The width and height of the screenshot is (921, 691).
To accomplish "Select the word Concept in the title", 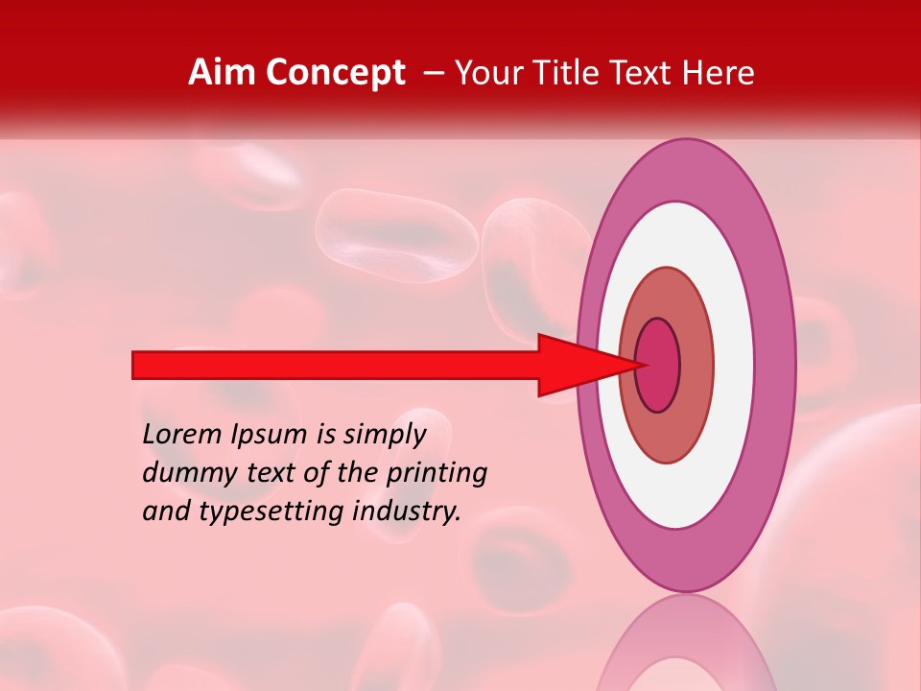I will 335,74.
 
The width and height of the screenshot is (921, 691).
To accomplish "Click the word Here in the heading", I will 720,73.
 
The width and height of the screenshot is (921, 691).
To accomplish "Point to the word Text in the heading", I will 646,73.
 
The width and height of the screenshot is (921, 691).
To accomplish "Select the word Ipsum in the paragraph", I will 271,435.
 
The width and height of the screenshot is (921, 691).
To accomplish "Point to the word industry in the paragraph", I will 407,512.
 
